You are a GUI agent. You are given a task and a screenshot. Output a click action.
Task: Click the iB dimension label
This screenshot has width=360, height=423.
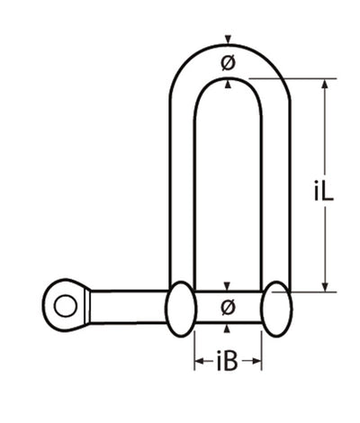pos(228,364)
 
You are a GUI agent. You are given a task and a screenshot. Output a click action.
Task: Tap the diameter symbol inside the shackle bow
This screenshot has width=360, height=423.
pos(228,63)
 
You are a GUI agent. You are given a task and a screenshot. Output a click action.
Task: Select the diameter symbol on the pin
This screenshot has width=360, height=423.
pos(228,307)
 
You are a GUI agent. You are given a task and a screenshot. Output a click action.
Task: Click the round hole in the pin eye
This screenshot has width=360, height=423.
pos(64,306)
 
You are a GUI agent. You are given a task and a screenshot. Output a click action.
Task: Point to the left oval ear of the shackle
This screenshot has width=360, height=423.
pos(179,306)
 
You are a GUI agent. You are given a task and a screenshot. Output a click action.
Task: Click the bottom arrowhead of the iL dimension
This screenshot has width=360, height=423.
pos(325,285)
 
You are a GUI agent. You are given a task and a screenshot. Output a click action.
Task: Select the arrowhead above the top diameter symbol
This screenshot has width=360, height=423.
pos(228,39)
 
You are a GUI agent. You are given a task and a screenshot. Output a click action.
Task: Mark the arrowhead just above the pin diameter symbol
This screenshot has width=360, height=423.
pos(228,287)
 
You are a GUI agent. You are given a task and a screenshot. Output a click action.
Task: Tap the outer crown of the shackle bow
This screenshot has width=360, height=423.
pos(229,47)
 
